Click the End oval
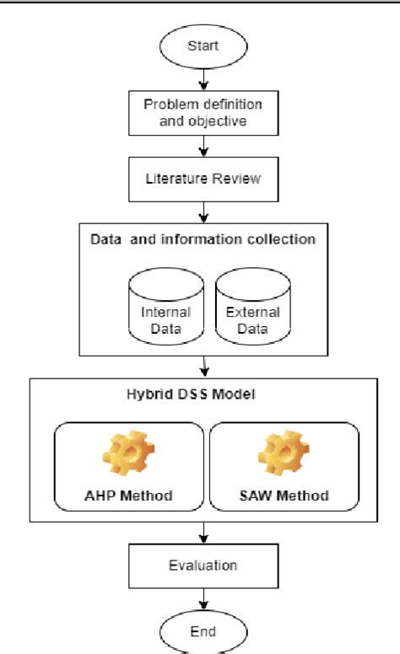click(x=202, y=630)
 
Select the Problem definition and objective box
click(x=202, y=112)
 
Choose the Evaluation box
click(x=202, y=566)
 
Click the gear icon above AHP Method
click(x=130, y=453)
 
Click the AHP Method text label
click(x=130, y=495)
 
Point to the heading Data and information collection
click(x=203, y=239)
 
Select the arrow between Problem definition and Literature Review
click(x=202, y=147)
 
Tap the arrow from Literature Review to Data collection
click(x=202, y=211)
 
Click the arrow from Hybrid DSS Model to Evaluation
click(x=202, y=532)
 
